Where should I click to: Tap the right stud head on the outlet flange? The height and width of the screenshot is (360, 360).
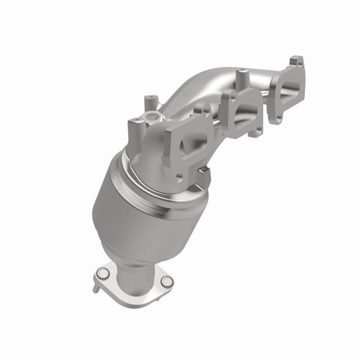pos(167,282)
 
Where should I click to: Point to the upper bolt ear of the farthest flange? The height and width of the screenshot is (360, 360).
pos(295,61)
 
